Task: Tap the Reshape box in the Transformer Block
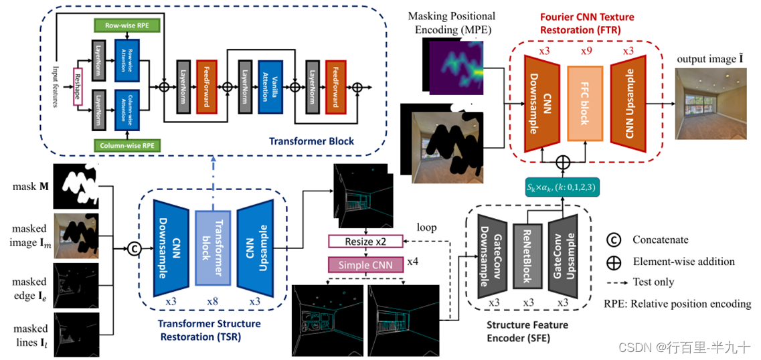point(78,87)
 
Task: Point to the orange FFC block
point(584,104)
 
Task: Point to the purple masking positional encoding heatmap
point(454,66)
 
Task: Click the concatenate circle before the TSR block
point(133,249)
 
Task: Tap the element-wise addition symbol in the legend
point(612,262)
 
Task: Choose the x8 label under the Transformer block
point(212,302)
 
